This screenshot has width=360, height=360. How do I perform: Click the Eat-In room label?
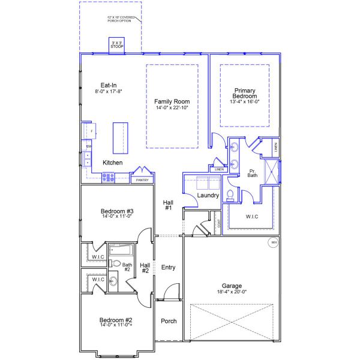(108, 85)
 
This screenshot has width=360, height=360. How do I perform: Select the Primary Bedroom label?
(245, 93)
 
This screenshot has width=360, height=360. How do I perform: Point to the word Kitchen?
(112, 163)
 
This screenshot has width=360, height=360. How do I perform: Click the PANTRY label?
(142, 179)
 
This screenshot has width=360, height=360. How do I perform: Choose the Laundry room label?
(207, 196)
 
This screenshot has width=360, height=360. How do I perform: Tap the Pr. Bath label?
(253, 174)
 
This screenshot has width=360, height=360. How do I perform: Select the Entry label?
(169, 268)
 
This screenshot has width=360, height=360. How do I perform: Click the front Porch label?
(169, 321)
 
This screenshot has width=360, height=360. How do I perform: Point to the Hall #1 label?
(168, 205)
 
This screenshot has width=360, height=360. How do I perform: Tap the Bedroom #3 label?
(116, 211)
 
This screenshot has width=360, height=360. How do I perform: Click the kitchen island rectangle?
(120, 139)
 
